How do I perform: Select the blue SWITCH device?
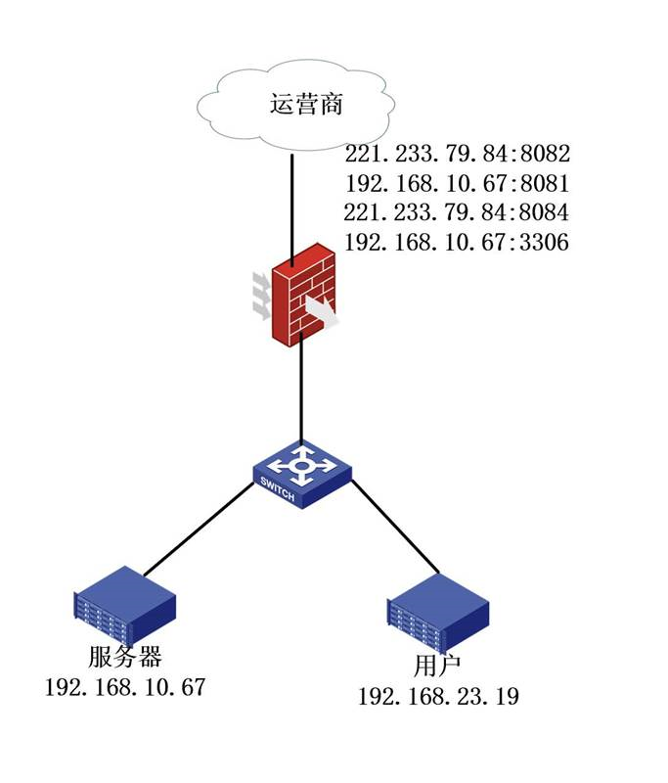301,474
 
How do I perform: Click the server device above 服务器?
124,610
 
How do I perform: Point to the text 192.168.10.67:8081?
457,183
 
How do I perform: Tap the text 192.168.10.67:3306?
457,242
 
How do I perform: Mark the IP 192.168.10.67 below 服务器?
125,686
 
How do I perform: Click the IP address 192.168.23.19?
438,696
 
